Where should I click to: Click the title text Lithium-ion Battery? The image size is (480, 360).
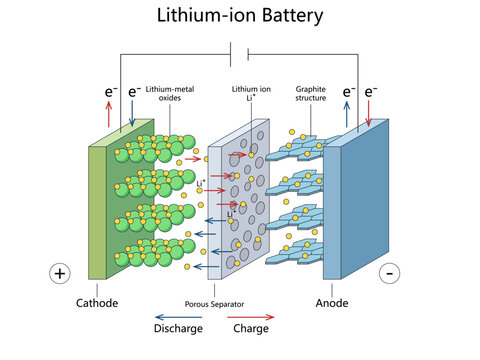tap(240, 16)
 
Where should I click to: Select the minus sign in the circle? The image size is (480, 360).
tap(390, 273)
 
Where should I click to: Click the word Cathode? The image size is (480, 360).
tap(98, 303)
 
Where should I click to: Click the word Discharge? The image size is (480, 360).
tap(179, 329)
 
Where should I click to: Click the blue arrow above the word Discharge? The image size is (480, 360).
tap(177, 316)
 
